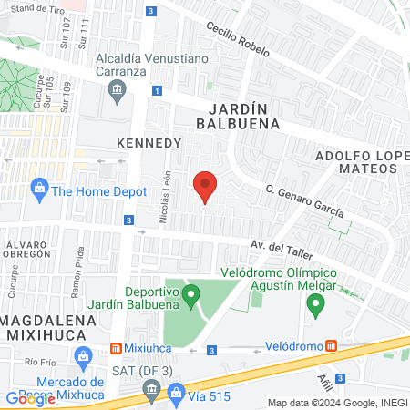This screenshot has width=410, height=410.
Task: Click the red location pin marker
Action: pos(206,187)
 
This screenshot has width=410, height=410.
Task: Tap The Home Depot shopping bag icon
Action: pos(38,190)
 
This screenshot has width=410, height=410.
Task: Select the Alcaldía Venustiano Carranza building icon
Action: pos(117,89)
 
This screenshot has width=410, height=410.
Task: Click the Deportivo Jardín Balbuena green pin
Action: pos(190,293)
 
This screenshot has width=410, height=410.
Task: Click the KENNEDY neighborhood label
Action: pos(149,143)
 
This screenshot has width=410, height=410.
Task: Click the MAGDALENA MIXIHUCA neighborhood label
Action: pos(47,327)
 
